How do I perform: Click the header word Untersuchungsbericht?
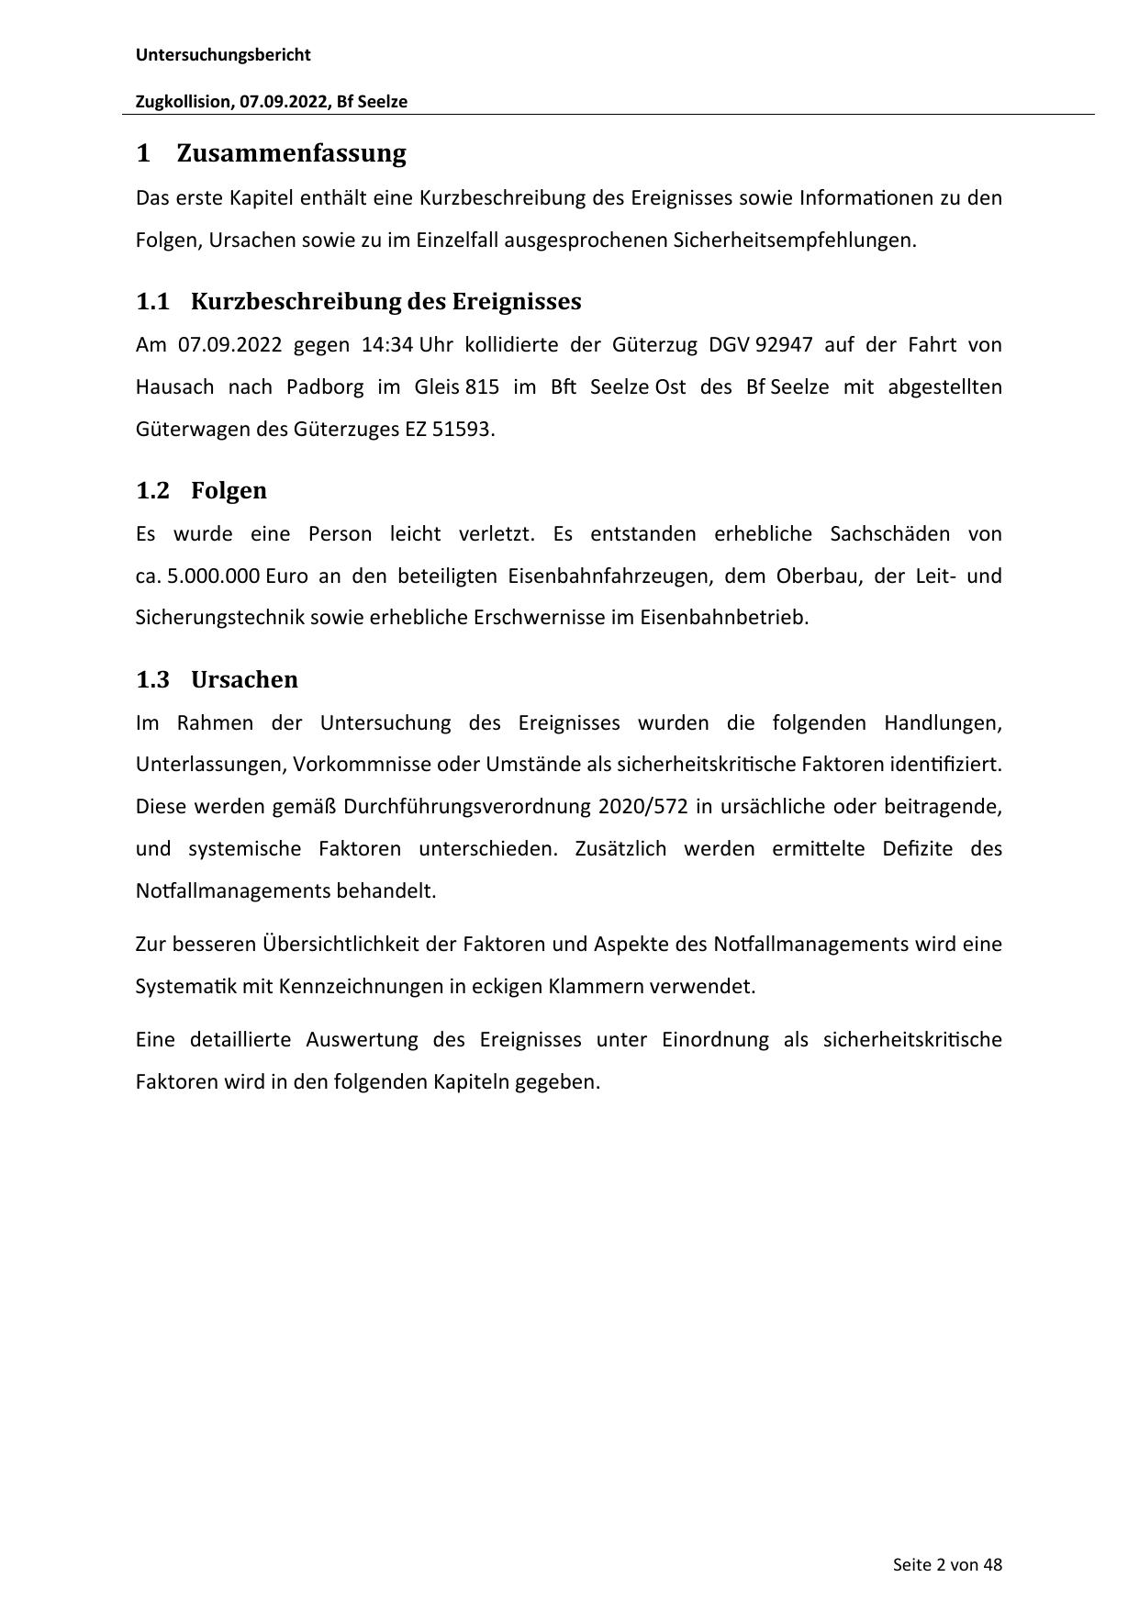[223, 55]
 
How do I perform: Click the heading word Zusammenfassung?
[291, 153]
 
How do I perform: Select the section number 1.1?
[152, 302]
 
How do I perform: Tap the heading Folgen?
[229, 491]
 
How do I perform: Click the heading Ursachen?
[244, 680]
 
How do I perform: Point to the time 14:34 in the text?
[387, 345]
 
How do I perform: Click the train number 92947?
[783, 345]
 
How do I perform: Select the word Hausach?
[174, 387]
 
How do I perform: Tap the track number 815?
[482, 387]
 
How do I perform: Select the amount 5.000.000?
[215, 576]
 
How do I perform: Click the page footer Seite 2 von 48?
[947, 1565]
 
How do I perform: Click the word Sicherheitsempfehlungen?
[794, 241]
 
